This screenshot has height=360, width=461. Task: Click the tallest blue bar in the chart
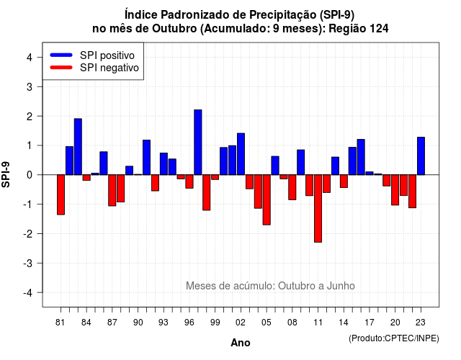click(198, 143)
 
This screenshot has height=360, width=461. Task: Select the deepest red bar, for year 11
click(318, 208)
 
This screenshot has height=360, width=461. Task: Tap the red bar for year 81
click(61, 195)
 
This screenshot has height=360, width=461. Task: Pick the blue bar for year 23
click(421, 156)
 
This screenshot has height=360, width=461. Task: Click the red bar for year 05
click(267, 200)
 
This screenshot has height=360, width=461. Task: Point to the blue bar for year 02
click(241, 154)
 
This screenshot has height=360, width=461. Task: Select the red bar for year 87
click(112, 190)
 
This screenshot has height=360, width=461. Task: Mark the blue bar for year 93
click(164, 164)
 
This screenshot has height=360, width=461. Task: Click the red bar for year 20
click(395, 190)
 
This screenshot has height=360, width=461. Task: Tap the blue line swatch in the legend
click(61, 55)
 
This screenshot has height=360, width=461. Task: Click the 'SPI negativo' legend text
click(109, 68)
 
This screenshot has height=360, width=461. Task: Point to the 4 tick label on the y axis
click(30, 58)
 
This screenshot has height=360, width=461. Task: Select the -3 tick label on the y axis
click(27, 263)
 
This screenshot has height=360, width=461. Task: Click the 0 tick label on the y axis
click(30, 175)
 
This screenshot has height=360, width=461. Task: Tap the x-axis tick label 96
click(189, 323)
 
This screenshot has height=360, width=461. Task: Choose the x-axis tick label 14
click(344, 323)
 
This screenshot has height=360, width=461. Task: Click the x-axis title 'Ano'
click(241, 343)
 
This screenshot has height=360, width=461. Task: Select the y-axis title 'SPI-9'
click(6, 174)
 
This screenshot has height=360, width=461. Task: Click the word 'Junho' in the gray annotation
click(341, 286)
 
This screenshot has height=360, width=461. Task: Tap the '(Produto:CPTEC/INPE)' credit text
click(394, 338)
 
